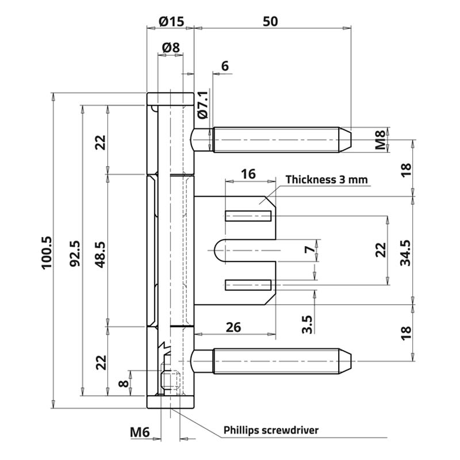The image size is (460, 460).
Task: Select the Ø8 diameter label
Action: point(171,48)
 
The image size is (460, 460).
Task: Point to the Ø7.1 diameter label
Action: point(202,104)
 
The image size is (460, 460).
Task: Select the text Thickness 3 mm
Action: point(327,180)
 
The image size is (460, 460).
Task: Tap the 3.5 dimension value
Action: point(308,324)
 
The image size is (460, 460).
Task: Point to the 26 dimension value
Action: point(233,327)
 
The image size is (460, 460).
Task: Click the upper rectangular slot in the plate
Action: point(248,217)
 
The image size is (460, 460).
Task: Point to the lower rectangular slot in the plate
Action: point(248,284)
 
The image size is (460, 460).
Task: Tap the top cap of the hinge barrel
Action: point(170,98)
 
